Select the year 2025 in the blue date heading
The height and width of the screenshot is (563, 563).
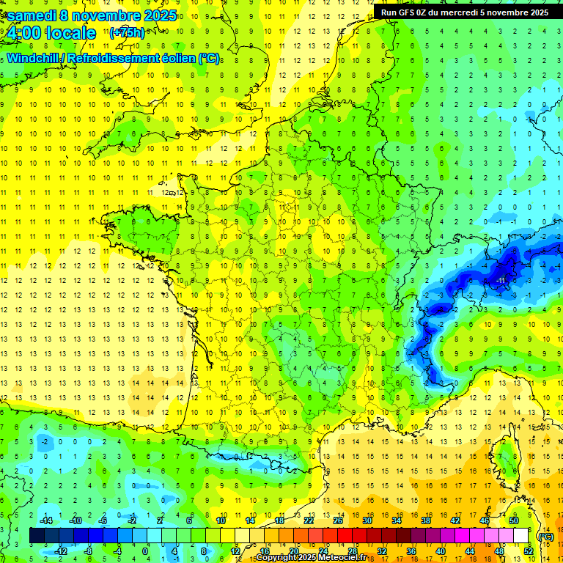[x=156, y=15]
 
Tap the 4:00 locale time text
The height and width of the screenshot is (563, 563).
[x=51, y=33]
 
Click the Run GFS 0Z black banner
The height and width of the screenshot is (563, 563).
[x=464, y=12]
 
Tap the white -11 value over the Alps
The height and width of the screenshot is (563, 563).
[x=501, y=281]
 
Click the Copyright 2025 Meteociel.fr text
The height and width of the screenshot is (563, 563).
[x=311, y=558]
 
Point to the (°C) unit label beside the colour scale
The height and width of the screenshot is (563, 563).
[x=545, y=536]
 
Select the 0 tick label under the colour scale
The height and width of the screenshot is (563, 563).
[x=144, y=551]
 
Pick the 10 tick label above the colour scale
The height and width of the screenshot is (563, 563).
[x=220, y=520]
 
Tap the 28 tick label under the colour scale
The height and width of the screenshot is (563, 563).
[x=352, y=551]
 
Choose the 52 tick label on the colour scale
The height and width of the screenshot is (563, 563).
[x=529, y=551]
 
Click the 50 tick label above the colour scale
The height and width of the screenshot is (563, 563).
[x=513, y=520]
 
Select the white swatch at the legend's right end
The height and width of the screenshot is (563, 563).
[x=521, y=536]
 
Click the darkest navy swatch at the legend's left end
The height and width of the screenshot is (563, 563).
[x=37, y=536]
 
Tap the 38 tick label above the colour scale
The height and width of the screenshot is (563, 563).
[x=425, y=520]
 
